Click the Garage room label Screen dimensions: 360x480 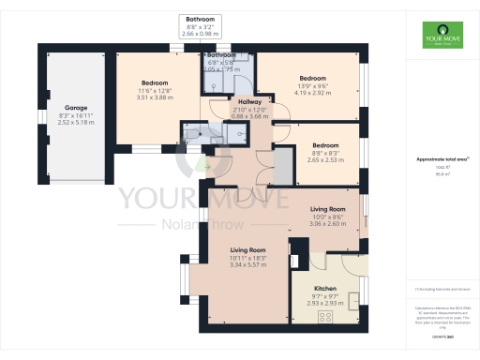(x=75, y=108)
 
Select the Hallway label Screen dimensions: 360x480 (x=249, y=101)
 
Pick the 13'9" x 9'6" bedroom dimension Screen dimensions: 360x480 (x=312, y=85)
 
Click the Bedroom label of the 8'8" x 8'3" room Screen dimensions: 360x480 (x=325, y=145)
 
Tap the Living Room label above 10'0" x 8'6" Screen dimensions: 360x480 (x=328, y=209)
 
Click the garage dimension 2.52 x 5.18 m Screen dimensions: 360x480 (x=75, y=122)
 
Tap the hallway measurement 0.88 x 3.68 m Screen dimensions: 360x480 (x=249, y=116)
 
